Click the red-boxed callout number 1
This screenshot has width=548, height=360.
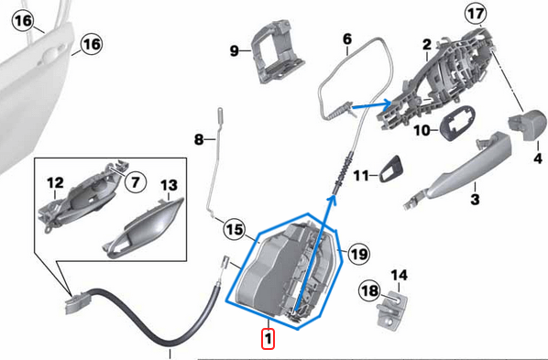267,339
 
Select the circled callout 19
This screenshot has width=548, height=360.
356,253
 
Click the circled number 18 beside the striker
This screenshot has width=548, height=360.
367,290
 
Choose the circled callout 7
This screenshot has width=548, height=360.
134,182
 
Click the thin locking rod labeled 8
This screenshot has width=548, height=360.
214,174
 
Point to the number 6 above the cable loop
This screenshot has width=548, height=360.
347,39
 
